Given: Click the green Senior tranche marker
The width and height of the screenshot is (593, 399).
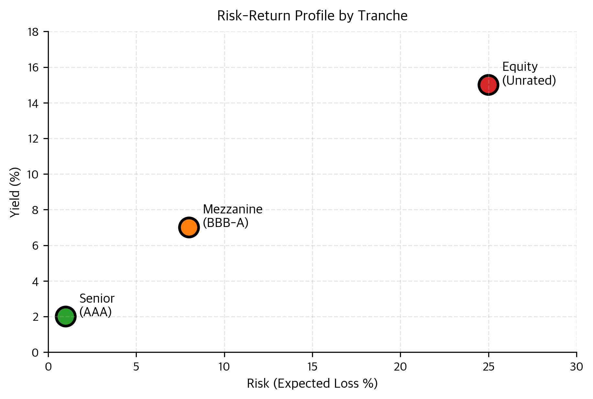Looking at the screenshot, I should pyautogui.click(x=66, y=317).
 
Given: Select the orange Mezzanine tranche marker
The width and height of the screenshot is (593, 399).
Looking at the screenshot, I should pyautogui.click(x=189, y=227).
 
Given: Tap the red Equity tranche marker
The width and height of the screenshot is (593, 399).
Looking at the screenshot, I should pyautogui.click(x=488, y=85).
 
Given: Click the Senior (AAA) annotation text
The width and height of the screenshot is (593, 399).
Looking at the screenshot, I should pyautogui.click(x=97, y=305).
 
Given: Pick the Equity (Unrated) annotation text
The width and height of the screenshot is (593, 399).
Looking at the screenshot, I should pyautogui.click(x=529, y=74).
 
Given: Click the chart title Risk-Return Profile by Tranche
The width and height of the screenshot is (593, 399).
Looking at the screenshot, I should pyautogui.click(x=312, y=16).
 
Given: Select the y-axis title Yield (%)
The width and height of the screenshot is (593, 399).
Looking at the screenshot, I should pyautogui.click(x=15, y=192).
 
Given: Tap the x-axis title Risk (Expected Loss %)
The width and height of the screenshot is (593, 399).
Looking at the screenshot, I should pyautogui.click(x=312, y=383).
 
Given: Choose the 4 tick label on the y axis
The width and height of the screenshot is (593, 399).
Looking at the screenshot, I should pyautogui.click(x=36, y=281).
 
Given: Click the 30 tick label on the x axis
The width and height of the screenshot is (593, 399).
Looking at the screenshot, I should pyautogui.click(x=577, y=367).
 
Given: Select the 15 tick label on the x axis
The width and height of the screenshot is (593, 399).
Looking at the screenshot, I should pyautogui.click(x=312, y=367).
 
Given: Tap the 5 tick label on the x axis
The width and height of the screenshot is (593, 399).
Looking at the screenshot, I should pyautogui.click(x=136, y=367).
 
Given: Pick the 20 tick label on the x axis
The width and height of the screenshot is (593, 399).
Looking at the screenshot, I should pyautogui.click(x=400, y=367).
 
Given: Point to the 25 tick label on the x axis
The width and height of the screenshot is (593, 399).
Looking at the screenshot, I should pyautogui.click(x=489, y=367).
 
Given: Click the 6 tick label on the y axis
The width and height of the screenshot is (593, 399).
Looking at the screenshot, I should pyautogui.click(x=36, y=246).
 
